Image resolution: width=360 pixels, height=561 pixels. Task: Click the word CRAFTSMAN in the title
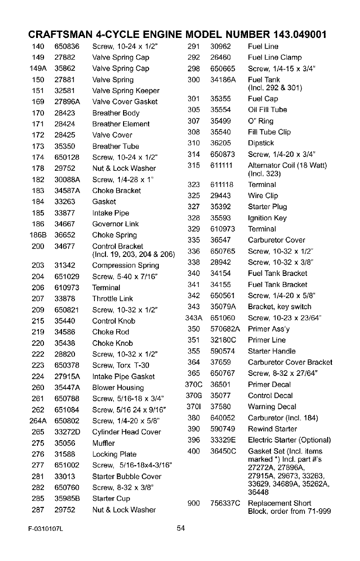(x=60, y=35)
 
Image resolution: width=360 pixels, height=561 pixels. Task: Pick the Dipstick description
(x=261, y=143)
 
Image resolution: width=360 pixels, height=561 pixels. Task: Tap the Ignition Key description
(x=267, y=218)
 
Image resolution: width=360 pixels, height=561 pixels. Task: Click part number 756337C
(x=225, y=503)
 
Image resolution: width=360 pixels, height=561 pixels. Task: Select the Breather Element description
(x=121, y=124)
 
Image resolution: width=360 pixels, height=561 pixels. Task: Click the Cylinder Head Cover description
(x=126, y=432)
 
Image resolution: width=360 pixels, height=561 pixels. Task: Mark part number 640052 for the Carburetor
(x=223, y=418)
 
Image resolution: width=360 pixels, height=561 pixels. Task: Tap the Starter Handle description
(x=272, y=351)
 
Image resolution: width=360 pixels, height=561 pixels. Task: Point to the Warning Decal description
(x=272, y=407)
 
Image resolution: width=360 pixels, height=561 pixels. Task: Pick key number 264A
(x=37, y=421)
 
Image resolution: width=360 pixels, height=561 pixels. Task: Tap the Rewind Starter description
(x=272, y=429)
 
